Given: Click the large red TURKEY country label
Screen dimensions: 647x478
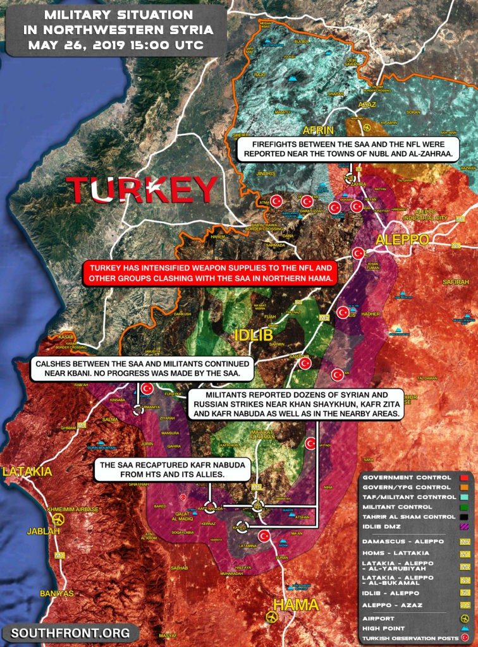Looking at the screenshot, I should pos(142,190).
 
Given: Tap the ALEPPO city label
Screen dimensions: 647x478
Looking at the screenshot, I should pos(402,240).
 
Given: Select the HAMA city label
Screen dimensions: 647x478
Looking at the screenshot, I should pos(297,605).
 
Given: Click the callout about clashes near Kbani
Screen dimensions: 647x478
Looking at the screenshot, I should pos(143,368).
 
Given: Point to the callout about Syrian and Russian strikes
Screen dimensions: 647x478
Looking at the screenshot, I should pos(296,404).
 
